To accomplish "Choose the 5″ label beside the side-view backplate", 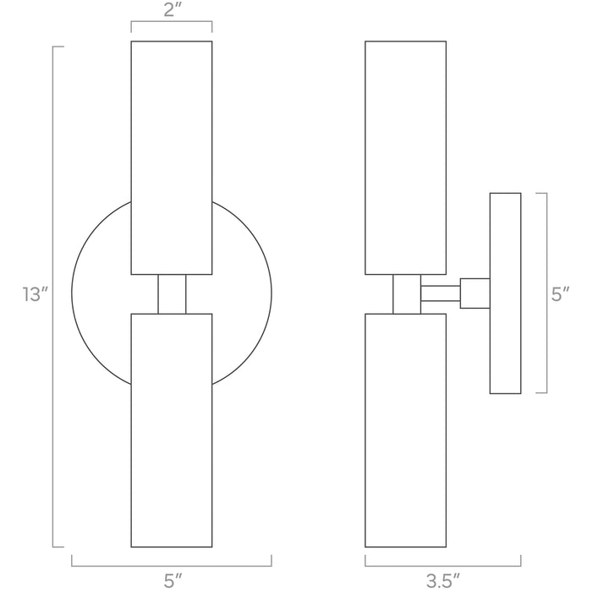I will click(561, 294).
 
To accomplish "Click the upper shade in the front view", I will click(171, 156).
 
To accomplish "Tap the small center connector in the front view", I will click(172, 294).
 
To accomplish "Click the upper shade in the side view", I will click(405, 156).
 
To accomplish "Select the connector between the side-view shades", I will click(406, 294).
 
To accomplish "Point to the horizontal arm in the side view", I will click(440, 294).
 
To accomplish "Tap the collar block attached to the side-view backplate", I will click(474, 294).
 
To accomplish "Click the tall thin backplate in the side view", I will click(505, 293).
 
